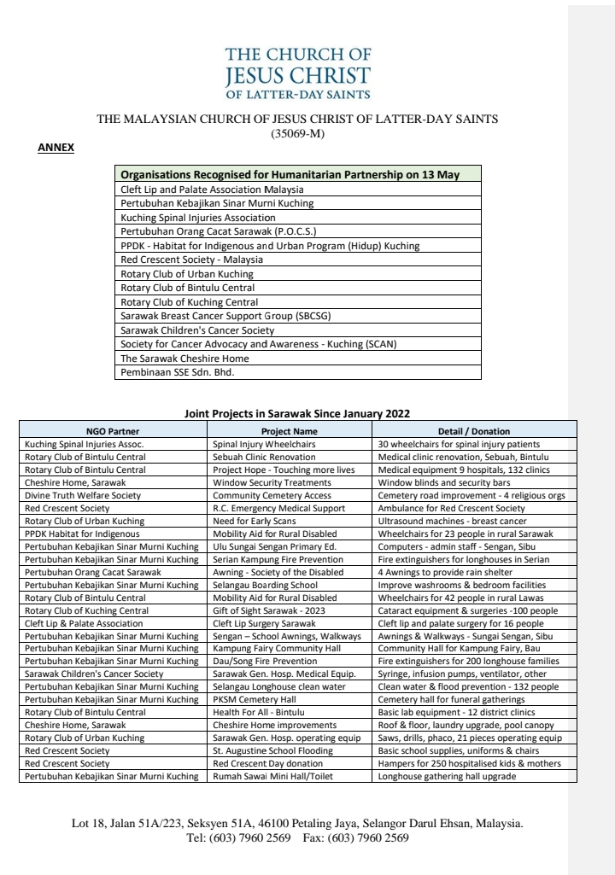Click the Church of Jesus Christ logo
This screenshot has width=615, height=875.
coord(297,73)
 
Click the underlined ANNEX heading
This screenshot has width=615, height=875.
coord(56,148)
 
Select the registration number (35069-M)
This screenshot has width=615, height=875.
coord(296,133)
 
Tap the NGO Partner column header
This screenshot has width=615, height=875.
coord(113,431)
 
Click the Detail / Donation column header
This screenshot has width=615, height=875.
coord(473,431)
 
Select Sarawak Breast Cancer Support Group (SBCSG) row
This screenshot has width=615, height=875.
coord(214,316)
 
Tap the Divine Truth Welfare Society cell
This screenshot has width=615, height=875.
coord(83,496)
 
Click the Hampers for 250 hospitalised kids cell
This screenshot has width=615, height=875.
coord(469,763)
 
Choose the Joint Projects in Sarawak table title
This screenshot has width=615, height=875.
coord(297,413)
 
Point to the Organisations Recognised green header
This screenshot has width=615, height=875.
coord(290,175)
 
